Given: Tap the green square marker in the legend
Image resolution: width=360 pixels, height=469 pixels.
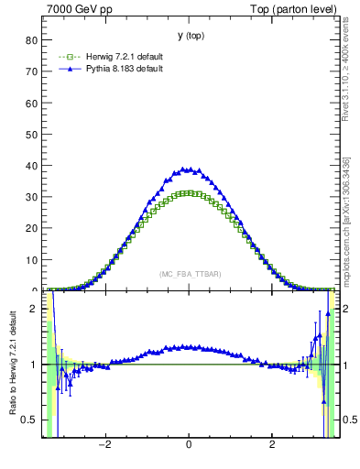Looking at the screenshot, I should pos(65,58).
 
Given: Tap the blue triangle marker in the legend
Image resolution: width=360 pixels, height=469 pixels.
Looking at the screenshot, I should pos(65,70).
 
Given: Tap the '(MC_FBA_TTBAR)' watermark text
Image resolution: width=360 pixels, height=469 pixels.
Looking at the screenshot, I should pos(190,274).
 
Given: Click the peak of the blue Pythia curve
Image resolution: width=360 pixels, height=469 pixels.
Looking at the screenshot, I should pos(189,169).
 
